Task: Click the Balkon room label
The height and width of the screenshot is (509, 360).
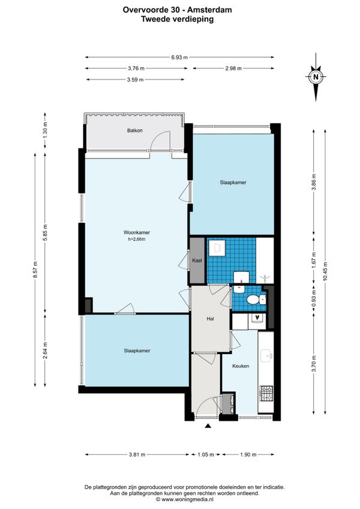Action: pyautogui.click(x=135, y=130)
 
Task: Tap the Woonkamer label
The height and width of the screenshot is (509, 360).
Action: pyautogui.click(x=137, y=232)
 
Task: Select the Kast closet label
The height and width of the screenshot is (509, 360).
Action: pyautogui.click(x=197, y=261)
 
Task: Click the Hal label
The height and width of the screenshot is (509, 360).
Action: pyautogui.click(x=211, y=319)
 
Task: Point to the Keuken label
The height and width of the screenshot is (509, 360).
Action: pyautogui.click(x=241, y=366)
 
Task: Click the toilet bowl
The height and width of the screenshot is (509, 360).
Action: pyautogui.click(x=254, y=300)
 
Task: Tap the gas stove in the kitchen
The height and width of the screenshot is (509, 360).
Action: pyautogui.click(x=266, y=393)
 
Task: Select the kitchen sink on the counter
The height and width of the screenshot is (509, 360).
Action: pyautogui.click(x=267, y=356)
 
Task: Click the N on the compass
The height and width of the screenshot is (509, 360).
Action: pyautogui.click(x=316, y=77)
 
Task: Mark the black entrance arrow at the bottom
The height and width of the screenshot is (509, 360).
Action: pyautogui.click(x=208, y=426)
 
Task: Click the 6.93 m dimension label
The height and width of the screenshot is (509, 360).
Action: pyautogui.click(x=179, y=58)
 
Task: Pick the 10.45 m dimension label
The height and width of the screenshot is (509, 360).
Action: pyautogui.click(x=325, y=271)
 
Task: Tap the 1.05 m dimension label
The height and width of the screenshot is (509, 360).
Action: pyautogui.click(x=206, y=454)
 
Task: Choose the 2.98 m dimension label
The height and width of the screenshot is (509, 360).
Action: pyautogui.click(x=233, y=68)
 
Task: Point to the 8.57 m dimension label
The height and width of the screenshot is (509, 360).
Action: pyautogui.click(x=35, y=270)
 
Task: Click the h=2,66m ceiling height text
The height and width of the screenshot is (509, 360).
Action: pyautogui.click(x=137, y=239)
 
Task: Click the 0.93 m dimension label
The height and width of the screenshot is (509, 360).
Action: pyautogui.click(x=314, y=300)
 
